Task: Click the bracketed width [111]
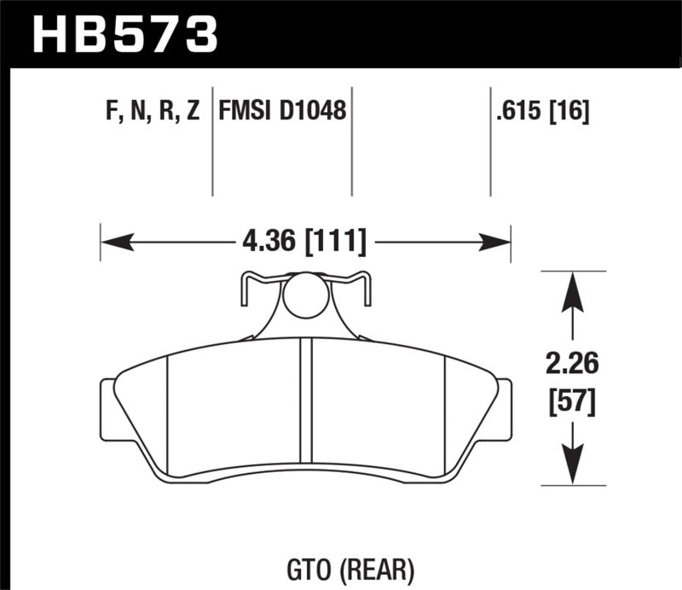pos(335,243)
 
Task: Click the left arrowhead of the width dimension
pos(116,243)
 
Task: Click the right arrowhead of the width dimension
pos(495,243)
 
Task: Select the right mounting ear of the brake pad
pos(503,410)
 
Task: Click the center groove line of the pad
pos(310,406)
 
